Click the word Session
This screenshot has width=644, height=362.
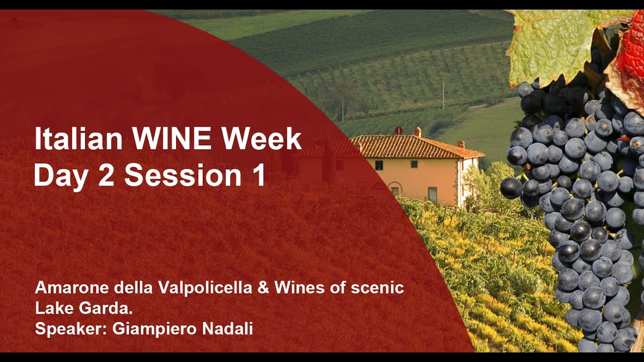183,175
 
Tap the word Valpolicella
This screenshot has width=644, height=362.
204,289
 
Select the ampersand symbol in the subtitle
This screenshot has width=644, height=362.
263,288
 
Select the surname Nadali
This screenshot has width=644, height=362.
227,329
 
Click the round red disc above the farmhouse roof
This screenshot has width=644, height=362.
398,131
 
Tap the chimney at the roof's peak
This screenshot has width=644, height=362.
418,132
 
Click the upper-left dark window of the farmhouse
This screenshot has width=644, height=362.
379,165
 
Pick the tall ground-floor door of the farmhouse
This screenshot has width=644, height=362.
433,196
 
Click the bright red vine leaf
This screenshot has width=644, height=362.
630,55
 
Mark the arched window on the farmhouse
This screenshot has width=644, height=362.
395,190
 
